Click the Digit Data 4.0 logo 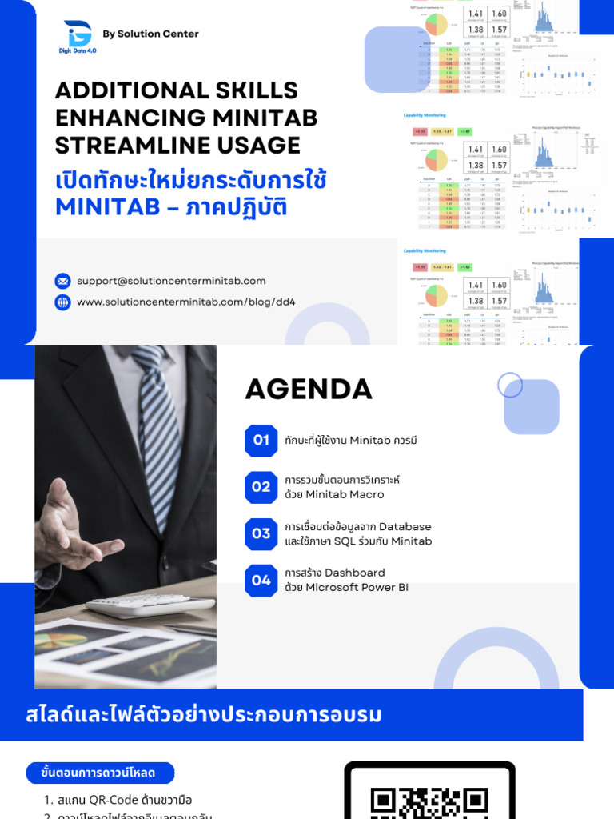click(78, 36)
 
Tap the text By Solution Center click(150, 34)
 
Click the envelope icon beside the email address click(62, 281)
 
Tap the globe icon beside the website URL click(62, 302)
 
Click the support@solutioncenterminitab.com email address click(171, 281)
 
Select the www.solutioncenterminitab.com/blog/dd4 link click(185, 302)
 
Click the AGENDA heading click(309, 390)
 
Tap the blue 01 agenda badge click(261, 440)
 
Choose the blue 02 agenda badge click(261, 487)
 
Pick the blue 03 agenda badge click(261, 533)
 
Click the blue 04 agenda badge click(261, 581)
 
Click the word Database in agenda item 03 click(405, 527)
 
